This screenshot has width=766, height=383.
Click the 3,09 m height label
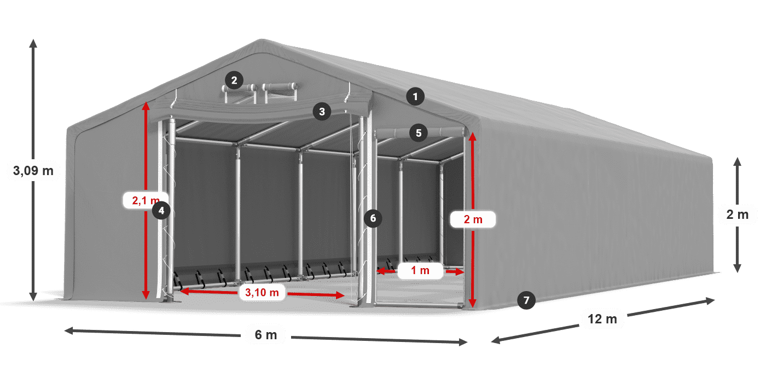pos(33,171)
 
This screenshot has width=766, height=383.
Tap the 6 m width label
pos(266,335)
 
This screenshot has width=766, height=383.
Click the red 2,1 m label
pos(144,201)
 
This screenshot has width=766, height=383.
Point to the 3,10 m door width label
pos(262,293)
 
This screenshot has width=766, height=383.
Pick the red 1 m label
pos(420,270)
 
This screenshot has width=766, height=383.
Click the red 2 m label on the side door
pos(473,219)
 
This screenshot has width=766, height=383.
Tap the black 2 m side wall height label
pos(737,215)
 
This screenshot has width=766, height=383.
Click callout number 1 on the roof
pos(415,97)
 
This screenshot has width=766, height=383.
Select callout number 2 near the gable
pos(234,80)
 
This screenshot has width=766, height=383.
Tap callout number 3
pos(322,112)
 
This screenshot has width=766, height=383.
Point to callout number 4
pos(161,210)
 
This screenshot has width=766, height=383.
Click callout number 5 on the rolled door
pos(419,132)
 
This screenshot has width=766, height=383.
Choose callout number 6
pos(373,218)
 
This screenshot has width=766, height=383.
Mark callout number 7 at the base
pos(526,300)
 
